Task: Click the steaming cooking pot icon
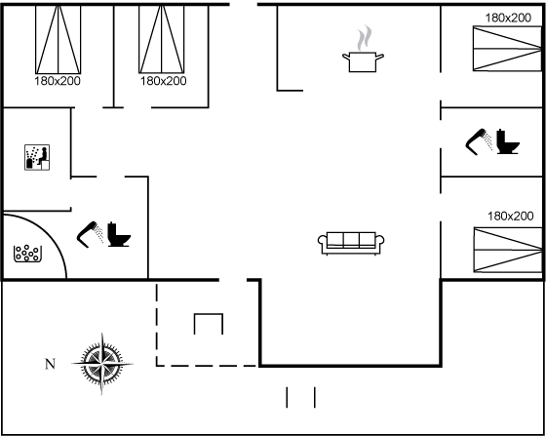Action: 363,61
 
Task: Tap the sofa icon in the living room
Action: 351,243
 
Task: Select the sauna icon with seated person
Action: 37,157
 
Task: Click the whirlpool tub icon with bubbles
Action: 27,254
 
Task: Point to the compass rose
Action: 102,364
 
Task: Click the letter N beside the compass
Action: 50,364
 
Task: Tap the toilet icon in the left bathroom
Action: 119,234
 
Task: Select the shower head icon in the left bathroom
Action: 90,234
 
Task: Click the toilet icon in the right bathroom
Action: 508,141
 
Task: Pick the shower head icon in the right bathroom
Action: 479,141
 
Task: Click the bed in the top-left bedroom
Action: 58,39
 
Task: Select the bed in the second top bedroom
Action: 162,39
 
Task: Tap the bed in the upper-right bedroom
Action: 508,49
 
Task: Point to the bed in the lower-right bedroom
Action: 508,250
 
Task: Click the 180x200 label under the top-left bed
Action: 58,81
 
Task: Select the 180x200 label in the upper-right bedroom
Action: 508,18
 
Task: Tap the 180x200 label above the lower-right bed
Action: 511,217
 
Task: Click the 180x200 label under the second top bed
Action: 164,81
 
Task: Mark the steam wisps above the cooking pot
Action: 364,38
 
